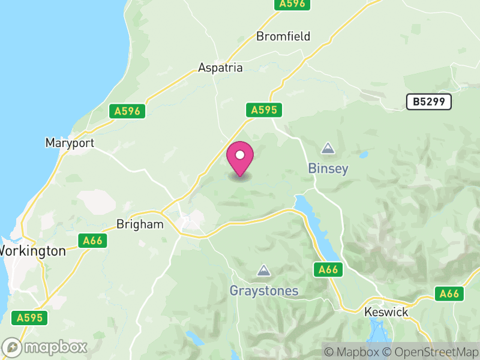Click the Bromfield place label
click(283, 37)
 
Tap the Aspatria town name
click(220, 68)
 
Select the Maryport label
click(70, 143)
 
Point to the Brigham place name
click(139, 224)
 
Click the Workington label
click(32, 251)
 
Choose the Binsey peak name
click(328, 169)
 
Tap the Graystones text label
click(263, 291)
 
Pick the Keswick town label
click(386, 312)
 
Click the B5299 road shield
click(428, 102)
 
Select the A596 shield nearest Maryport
click(128, 111)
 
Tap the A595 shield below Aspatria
click(264, 110)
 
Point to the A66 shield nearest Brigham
click(93, 241)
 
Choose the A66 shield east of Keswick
click(449, 293)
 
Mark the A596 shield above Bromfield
click(292, 4)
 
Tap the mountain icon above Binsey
click(328, 148)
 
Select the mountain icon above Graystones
click(263, 271)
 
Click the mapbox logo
click(46, 347)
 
